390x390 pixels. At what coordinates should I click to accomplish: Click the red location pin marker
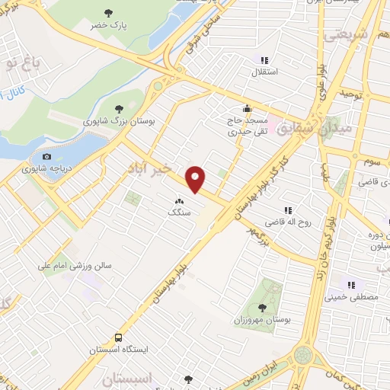[197, 179]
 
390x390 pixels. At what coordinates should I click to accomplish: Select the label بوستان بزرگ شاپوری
[119, 121]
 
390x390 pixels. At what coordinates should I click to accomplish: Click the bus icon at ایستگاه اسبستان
[119, 336]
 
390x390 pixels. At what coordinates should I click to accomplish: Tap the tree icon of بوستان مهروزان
[263, 308]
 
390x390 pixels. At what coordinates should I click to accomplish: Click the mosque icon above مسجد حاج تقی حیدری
[247, 108]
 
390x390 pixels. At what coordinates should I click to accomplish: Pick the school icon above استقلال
[264, 61]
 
